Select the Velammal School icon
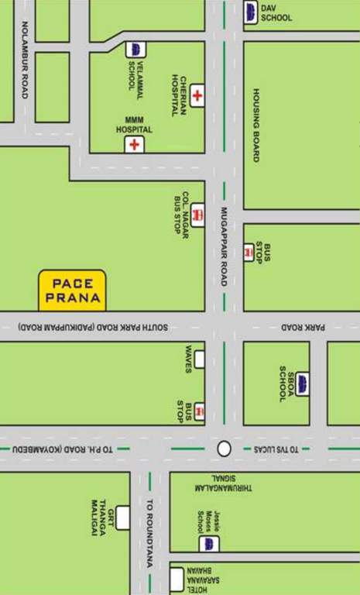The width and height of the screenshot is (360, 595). [x=135, y=50]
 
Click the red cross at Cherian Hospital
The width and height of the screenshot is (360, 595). [x=197, y=96]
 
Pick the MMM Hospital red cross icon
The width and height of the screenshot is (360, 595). [x=135, y=145]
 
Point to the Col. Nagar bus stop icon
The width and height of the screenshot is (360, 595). [x=198, y=215]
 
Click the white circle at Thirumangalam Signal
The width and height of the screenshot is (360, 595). [x=225, y=449]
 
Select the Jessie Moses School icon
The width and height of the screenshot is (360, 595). [x=206, y=543]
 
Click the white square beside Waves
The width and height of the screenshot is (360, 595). [x=200, y=359]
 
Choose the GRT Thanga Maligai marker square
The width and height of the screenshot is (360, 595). [x=122, y=517]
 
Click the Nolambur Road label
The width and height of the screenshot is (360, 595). [x=24, y=60]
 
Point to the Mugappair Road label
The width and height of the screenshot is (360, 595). [x=223, y=247]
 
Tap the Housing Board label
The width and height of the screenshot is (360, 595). [x=255, y=125]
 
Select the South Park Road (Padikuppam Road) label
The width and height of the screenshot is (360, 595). [x=93, y=328]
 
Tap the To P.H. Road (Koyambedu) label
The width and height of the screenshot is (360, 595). [x=62, y=449]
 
